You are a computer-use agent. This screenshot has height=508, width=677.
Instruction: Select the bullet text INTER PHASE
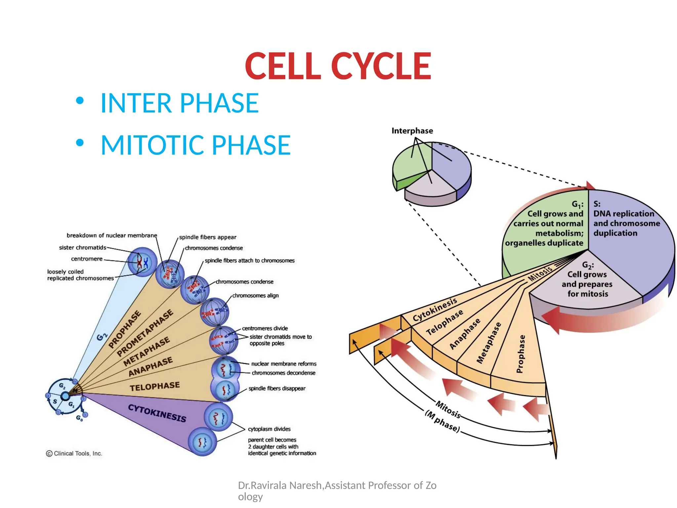179,103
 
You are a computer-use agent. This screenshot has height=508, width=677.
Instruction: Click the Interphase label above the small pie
412,131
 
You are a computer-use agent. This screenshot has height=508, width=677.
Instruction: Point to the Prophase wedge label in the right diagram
520,354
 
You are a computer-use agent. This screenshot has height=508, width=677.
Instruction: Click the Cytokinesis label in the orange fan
435,309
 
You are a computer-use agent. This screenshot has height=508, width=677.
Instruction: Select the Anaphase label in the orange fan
464,334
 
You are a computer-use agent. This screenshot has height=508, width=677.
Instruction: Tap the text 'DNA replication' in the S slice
623,214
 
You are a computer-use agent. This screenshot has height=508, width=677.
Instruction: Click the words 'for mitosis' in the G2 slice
587,294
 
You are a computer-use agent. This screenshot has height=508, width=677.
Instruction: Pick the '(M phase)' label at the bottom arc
442,422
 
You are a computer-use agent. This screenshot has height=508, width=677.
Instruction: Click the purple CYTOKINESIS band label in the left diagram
157,413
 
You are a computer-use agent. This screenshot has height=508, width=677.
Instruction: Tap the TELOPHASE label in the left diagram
154,386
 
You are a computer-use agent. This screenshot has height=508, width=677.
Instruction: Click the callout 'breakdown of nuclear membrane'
112,235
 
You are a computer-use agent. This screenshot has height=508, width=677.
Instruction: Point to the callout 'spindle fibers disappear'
277,388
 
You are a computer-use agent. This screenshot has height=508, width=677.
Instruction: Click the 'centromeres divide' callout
265,328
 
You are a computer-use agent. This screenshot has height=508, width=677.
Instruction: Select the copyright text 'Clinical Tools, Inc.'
77,453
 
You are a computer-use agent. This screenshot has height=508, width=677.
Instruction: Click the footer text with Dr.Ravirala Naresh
337,485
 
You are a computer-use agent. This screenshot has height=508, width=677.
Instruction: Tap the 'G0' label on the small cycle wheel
79,418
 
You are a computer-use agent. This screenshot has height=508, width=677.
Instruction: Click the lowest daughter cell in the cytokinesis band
202,442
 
